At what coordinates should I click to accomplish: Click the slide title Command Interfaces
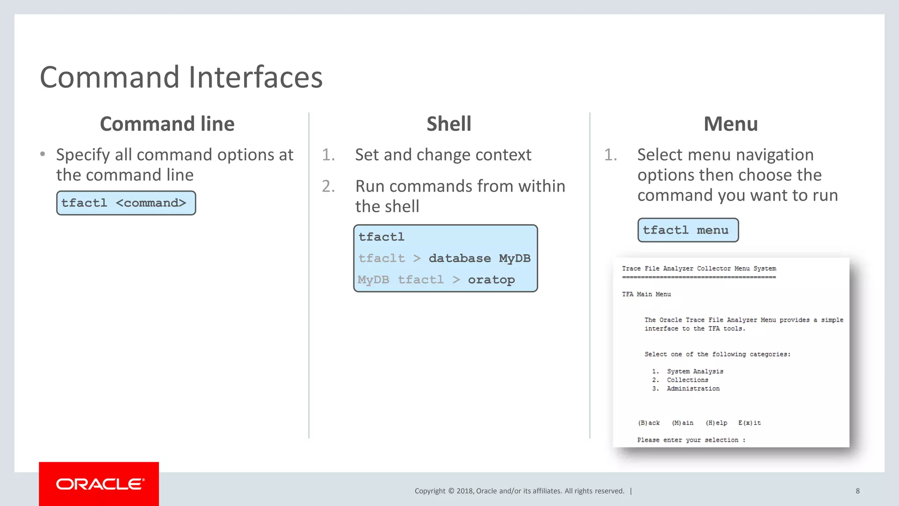click(181, 77)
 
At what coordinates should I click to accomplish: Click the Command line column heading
click(167, 124)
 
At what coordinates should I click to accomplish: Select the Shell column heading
click(449, 124)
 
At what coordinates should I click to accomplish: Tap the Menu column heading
click(730, 124)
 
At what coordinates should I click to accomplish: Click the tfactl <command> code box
click(126, 203)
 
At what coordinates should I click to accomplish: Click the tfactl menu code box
click(687, 230)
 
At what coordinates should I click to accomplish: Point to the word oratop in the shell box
click(491, 280)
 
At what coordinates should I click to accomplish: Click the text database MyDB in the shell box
click(479, 258)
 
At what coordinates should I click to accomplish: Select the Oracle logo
click(99, 484)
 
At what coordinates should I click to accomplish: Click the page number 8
click(857, 491)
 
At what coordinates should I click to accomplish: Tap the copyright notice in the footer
click(519, 491)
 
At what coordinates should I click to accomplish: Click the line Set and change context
click(442, 155)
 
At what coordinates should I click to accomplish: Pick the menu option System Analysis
click(694, 372)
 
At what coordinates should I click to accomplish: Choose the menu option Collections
click(687, 380)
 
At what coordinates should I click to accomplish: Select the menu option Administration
click(693, 389)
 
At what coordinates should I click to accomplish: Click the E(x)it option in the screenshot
click(749, 423)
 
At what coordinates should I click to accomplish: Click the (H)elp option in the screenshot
click(716, 423)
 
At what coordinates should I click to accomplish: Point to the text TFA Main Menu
click(646, 294)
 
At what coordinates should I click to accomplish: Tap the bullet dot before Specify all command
click(43, 154)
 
